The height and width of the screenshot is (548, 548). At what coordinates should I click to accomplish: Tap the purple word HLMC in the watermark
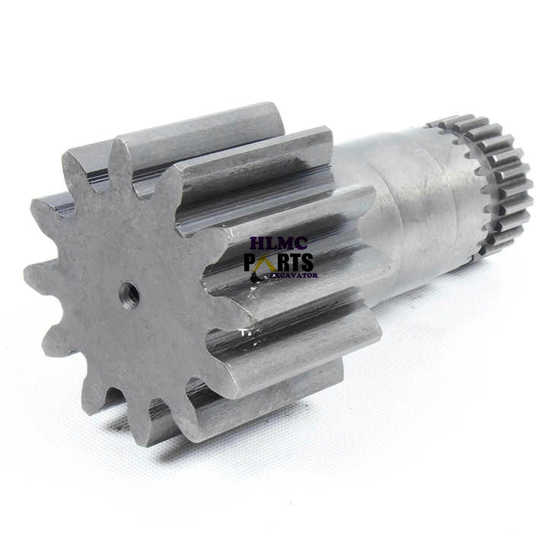pos(279,244)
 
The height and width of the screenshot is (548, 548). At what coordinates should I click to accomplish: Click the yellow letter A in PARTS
pos(262,262)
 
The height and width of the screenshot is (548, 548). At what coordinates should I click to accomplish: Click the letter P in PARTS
pos(249,262)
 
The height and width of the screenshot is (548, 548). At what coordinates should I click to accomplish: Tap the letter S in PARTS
pos(307,262)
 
